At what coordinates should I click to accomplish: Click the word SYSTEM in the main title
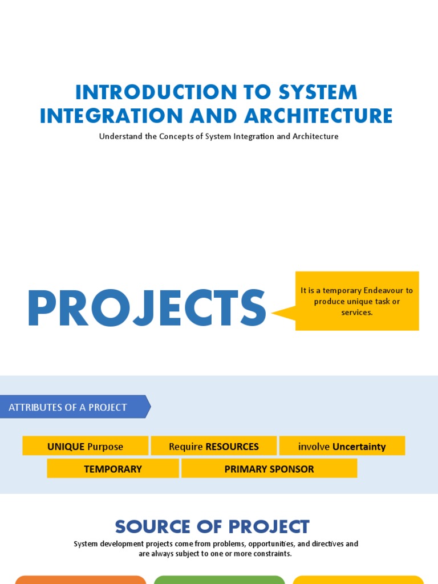[x=318, y=92]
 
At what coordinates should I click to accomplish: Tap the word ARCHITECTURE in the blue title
[x=318, y=115]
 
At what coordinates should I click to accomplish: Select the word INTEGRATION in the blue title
[x=111, y=115]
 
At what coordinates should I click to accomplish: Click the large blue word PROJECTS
[x=147, y=308]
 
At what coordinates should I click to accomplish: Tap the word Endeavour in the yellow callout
[x=383, y=290]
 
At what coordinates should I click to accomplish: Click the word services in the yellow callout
[x=356, y=313]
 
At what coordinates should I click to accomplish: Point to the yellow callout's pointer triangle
[x=284, y=313]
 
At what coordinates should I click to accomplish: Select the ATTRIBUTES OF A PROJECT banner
[x=75, y=407]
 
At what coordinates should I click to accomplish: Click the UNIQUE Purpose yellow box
[x=86, y=446]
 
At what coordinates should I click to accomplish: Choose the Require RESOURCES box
[x=214, y=446]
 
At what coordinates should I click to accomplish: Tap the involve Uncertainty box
[x=342, y=446]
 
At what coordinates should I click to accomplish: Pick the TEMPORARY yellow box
[x=113, y=468]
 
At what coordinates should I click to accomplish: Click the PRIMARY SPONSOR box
[x=269, y=468]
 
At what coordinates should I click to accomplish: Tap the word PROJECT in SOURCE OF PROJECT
[x=269, y=526]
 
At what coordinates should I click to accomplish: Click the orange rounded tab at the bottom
[x=80, y=580]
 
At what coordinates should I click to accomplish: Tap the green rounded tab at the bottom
[x=220, y=580]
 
